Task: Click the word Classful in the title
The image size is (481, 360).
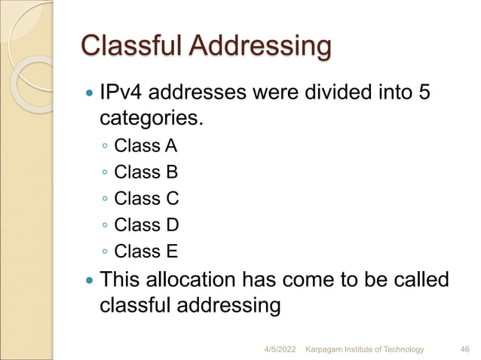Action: coord(131,46)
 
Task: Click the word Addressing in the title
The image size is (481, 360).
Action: coord(260,47)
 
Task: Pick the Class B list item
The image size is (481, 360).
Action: coord(146,172)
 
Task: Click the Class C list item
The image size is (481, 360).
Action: coord(146,199)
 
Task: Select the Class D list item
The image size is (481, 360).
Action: coord(146,224)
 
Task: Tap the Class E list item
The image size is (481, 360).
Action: coord(146,251)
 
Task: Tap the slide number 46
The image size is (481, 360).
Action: coord(465,349)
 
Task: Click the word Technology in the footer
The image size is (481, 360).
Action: coord(401,349)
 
